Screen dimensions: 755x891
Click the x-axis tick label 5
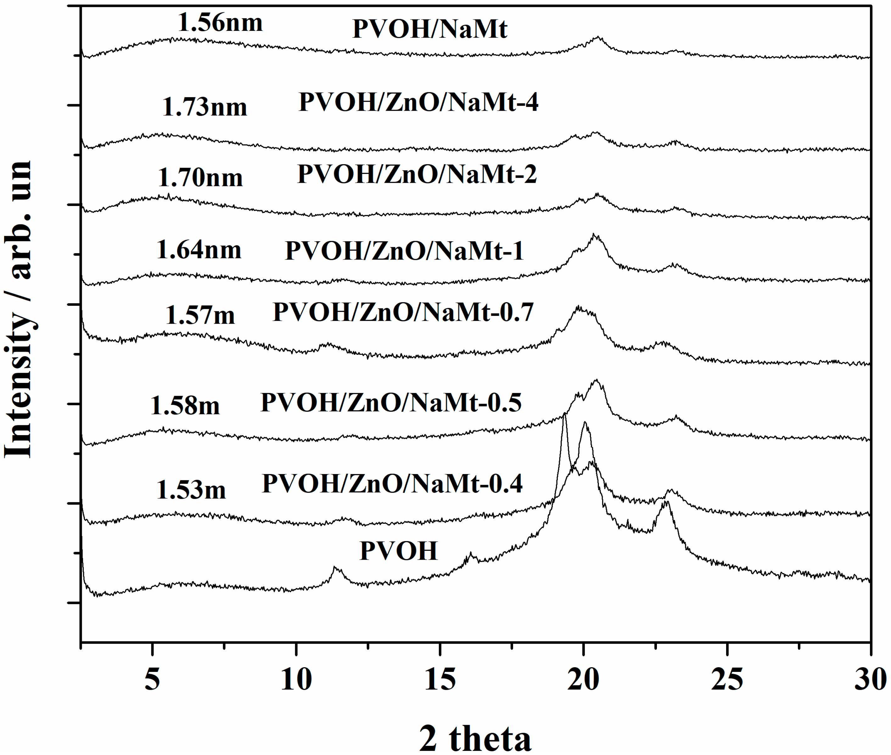(x=152, y=679)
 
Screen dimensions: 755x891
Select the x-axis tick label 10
(x=296, y=679)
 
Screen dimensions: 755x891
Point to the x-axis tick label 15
(x=440, y=679)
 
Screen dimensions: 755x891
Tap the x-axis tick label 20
(x=583, y=679)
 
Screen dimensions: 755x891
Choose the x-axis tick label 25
(x=727, y=679)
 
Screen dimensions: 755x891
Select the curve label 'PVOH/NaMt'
(x=430, y=29)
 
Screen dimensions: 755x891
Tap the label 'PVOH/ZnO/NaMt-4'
(x=418, y=102)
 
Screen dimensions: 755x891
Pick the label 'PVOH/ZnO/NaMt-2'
(x=417, y=174)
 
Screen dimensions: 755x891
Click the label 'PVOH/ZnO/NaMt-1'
(x=404, y=250)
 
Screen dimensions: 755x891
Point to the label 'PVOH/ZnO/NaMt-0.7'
(x=403, y=312)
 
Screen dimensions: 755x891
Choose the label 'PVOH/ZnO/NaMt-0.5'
(x=391, y=402)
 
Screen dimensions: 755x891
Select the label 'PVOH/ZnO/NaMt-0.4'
(x=392, y=484)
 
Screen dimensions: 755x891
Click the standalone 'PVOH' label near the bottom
(x=398, y=551)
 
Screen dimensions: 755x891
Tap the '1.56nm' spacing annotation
(x=220, y=22)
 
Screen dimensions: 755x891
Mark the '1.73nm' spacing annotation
(x=205, y=107)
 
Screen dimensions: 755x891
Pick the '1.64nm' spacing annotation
(x=199, y=250)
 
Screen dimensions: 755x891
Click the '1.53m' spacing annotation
(x=191, y=490)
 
